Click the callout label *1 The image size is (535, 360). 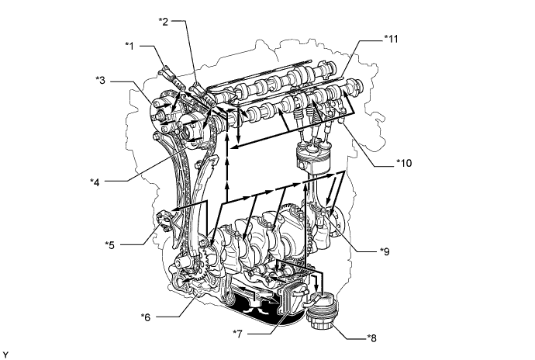point(129,46)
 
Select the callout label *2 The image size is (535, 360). point(164,22)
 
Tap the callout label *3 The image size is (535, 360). point(100,81)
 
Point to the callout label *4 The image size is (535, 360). point(95,182)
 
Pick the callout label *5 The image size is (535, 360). point(110,245)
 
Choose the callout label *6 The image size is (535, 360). point(146,317)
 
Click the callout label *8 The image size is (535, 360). point(372,338)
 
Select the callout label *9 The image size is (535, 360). point(385,251)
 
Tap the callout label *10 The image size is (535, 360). point(404,163)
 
